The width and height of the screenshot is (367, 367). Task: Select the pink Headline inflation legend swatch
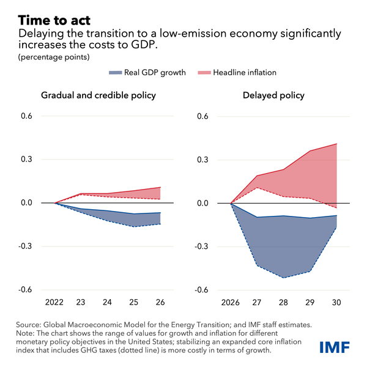(203, 72)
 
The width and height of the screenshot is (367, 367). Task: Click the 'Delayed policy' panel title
(282, 95)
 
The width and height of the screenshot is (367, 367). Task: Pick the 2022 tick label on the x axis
(55, 302)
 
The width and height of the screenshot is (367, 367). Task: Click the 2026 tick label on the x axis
(230, 302)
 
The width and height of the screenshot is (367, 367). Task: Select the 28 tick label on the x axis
(283, 302)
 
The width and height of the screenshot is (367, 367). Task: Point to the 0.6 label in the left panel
(26, 116)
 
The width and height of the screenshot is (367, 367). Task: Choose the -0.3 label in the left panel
(25, 247)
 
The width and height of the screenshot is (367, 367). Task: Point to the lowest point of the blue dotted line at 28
(283, 278)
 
